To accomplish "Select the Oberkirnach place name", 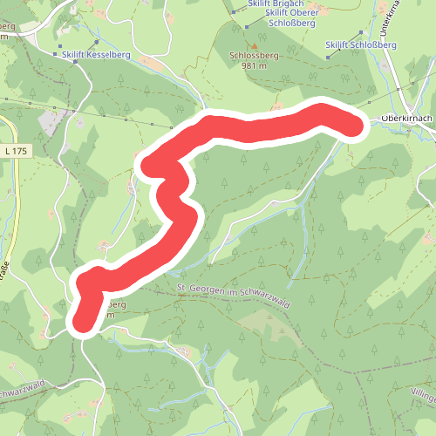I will [x=406, y=118].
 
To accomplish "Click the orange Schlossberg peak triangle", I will [x=254, y=45].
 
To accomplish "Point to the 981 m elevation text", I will [x=253, y=65].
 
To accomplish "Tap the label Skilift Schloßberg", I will [x=358, y=44].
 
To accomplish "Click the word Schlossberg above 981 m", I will [x=253, y=56].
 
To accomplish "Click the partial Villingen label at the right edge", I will [x=426, y=394].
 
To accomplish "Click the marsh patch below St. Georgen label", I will [x=262, y=323].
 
